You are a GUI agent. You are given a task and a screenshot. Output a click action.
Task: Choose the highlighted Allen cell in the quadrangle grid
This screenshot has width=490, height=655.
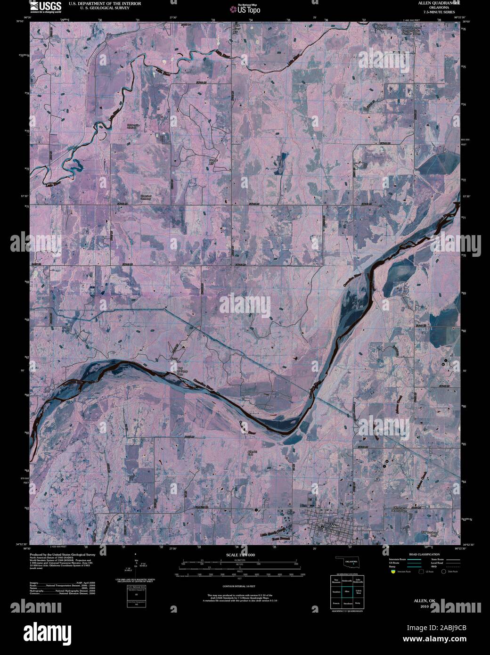point(348,590)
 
